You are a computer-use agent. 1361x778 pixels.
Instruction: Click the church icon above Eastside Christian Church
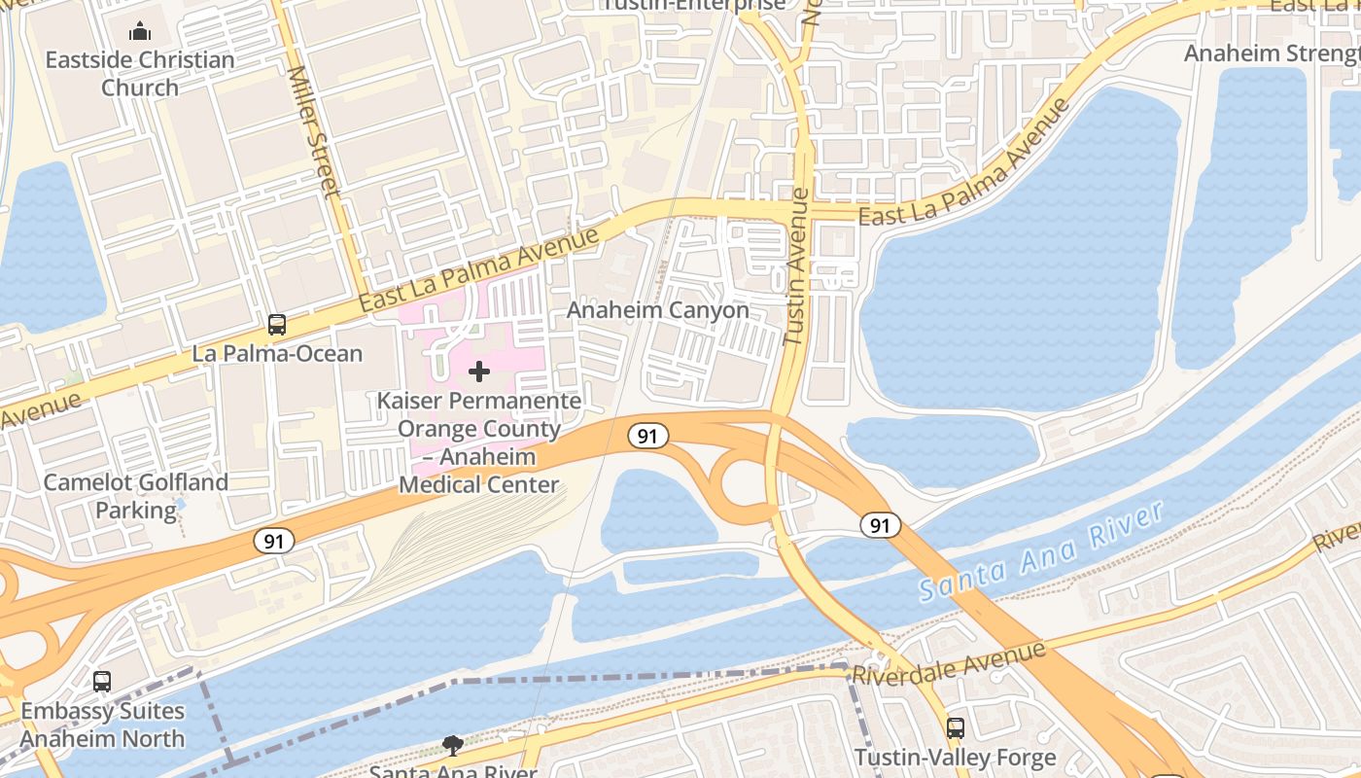click(x=140, y=31)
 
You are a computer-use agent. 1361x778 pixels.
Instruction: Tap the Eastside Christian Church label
click(x=140, y=74)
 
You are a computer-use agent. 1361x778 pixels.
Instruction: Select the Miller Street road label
click(x=312, y=131)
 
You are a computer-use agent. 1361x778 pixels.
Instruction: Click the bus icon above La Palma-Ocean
click(x=277, y=325)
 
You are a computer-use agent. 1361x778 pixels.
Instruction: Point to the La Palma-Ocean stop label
click(x=277, y=354)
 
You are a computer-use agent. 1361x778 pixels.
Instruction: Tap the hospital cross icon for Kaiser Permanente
click(x=478, y=371)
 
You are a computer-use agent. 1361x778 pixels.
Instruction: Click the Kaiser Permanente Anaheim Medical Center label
click(x=478, y=442)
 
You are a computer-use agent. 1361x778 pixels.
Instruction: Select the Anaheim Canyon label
click(x=657, y=310)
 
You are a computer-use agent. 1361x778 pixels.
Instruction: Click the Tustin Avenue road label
click(x=796, y=267)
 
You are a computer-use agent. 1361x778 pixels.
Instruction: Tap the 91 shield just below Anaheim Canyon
click(x=646, y=436)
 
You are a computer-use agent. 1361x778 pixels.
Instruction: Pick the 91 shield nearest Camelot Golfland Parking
click(x=273, y=541)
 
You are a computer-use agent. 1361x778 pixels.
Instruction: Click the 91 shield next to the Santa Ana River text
click(x=880, y=525)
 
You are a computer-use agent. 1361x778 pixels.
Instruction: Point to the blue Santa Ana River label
click(x=1040, y=551)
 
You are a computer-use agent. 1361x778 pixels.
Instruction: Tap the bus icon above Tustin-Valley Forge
click(x=955, y=727)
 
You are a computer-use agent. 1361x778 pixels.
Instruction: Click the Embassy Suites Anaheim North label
click(x=102, y=725)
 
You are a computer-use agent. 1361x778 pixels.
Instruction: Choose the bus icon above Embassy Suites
click(x=102, y=682)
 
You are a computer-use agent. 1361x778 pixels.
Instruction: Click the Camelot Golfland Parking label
click(x=136, y=496)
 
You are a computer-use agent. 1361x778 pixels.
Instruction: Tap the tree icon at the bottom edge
click(x=452, y=746)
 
